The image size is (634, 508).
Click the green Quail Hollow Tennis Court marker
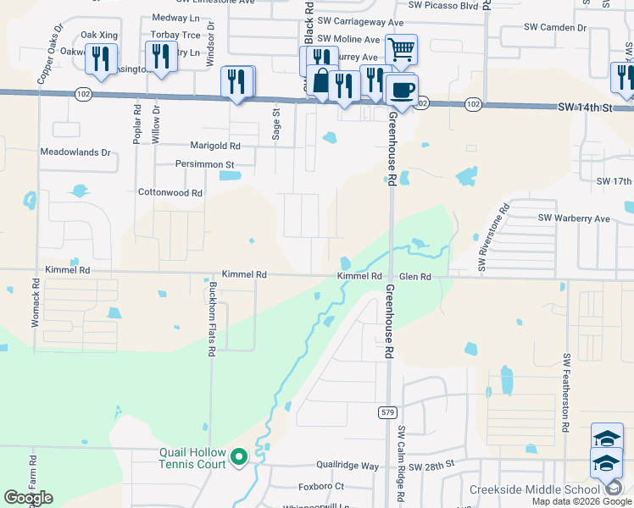click(x=239, y=458)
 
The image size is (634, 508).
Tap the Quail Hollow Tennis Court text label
click(x=192, y=458)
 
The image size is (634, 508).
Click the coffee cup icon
click(x=402, y=88)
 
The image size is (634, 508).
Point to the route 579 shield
click(x=387, y=411)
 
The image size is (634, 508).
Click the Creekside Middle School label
click(x=535, y=490)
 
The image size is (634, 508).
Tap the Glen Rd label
click(x=415, y=277)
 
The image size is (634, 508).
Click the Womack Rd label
click(x=36, y=311)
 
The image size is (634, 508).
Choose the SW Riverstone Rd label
click(x=493, y=238)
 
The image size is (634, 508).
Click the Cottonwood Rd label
click(x=170, y=193)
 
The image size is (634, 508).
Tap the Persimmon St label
click(x=204, y=164)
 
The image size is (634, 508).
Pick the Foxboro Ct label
click(x=321, y=487)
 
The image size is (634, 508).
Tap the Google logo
click(x=29, y=499)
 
